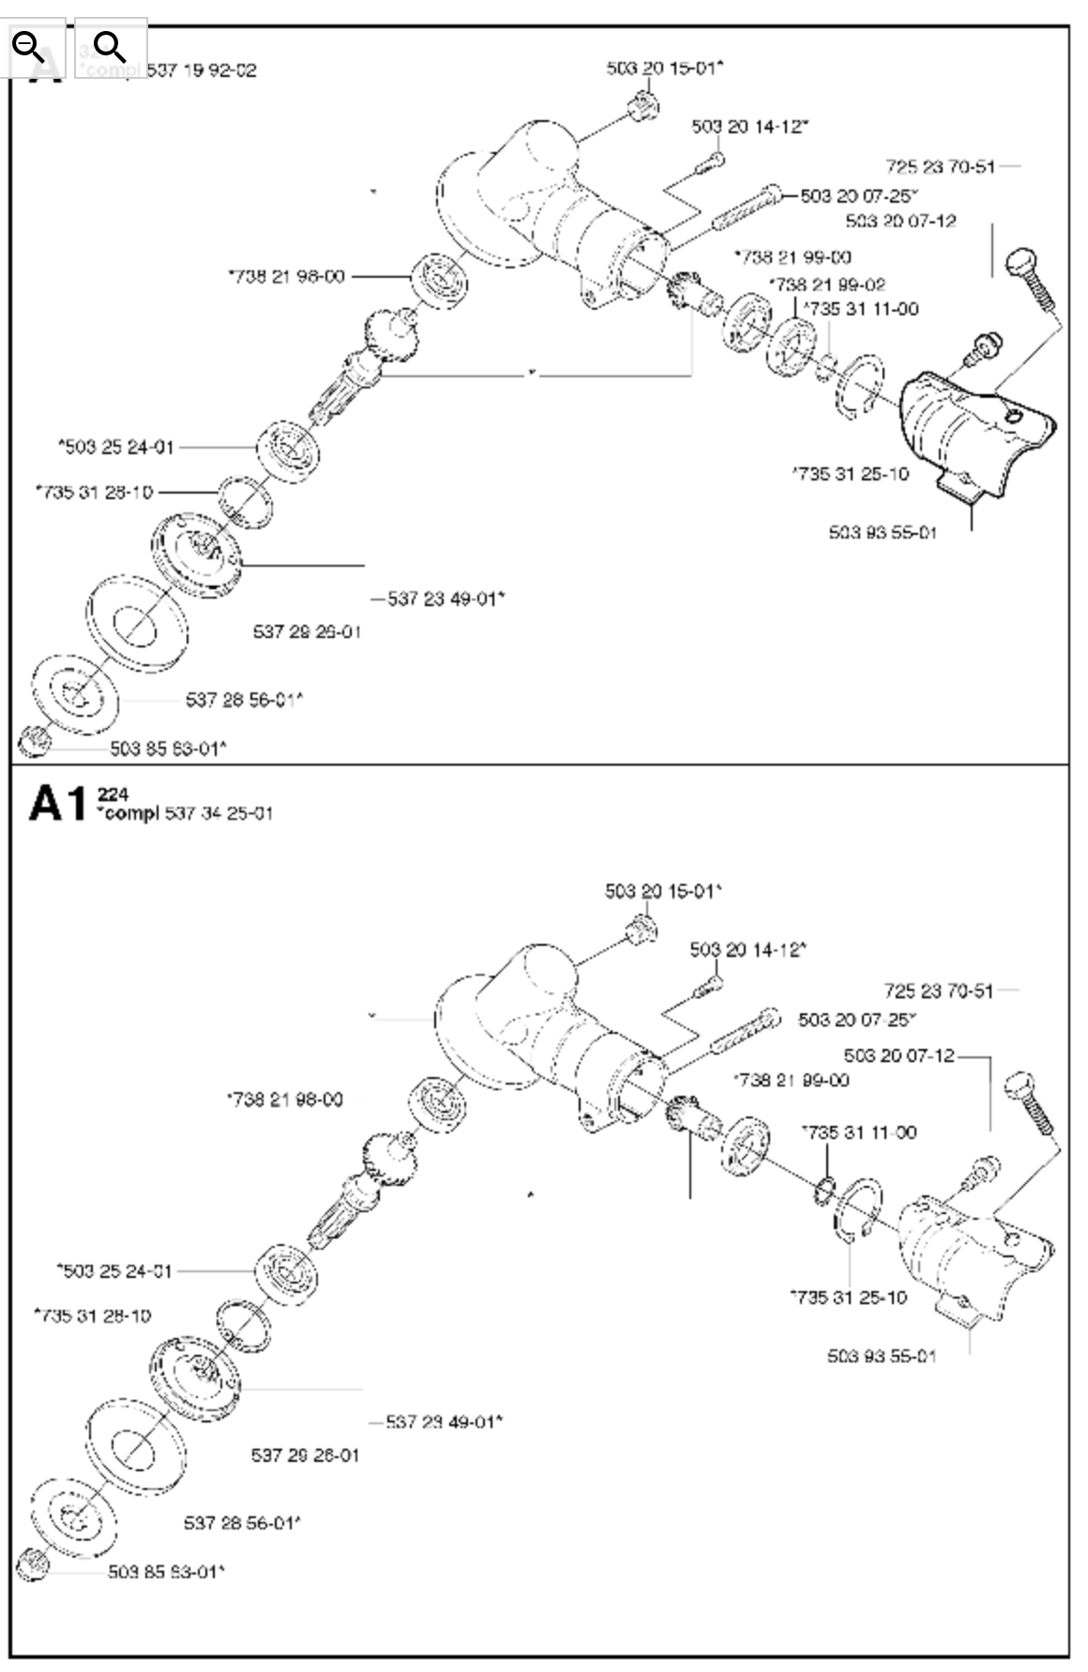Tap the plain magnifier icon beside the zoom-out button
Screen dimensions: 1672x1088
tap(110, 46)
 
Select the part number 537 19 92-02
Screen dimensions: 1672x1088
tap(201, 70)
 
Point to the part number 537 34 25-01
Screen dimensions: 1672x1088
tap(219, 813)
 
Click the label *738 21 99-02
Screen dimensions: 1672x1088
tap(827, 284)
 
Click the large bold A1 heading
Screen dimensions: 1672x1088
tap(57, 804)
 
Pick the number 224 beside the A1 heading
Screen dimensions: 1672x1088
tap(113, 796)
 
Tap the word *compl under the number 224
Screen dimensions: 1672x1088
tap(128, 813)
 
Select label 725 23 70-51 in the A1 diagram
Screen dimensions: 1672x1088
tap(938, 990)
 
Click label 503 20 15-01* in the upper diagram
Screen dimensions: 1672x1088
tap(665, 68)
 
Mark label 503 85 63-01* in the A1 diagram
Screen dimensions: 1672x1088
tap(166, 1572)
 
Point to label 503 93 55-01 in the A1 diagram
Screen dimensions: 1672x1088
tap(882, 1356)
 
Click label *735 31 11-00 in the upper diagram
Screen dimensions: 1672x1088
tap(862, 309)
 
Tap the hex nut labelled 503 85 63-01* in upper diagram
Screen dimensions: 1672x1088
tap(32, 739)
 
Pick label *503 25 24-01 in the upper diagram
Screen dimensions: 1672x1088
tap(116, 447)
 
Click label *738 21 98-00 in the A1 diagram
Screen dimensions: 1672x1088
tap(285, 1099)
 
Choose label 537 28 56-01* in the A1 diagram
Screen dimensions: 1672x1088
tap(242, 1523)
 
